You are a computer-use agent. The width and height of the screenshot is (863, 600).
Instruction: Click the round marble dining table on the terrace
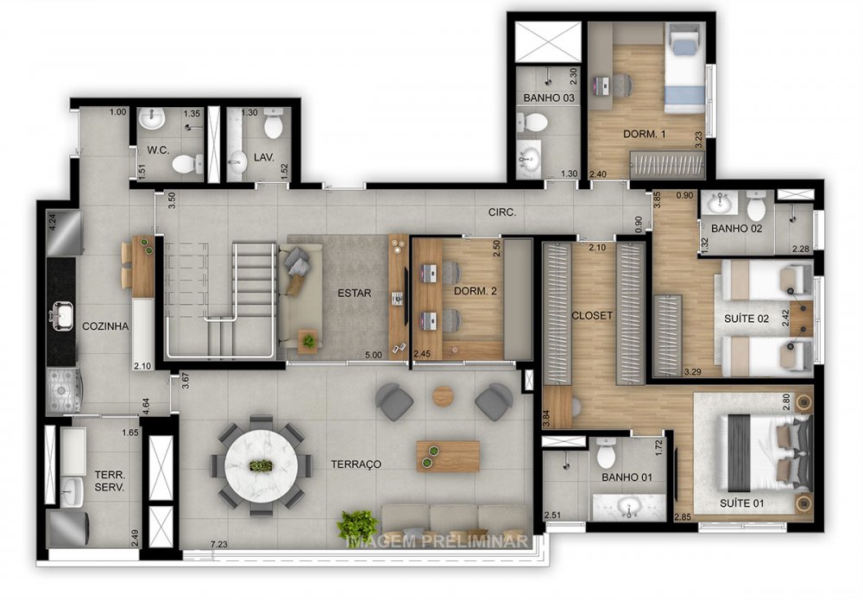[x=261, y=466]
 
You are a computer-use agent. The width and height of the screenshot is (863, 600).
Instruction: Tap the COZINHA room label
[x=105, y=326]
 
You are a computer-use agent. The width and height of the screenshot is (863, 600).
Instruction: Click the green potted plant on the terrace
[x=357, y=525]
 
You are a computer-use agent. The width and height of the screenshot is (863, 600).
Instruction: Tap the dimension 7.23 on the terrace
[x=218, y=544]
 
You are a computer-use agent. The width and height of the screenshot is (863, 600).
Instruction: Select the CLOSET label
[x=592, y=316]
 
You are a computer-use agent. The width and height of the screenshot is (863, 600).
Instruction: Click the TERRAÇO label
[x=356, y=464]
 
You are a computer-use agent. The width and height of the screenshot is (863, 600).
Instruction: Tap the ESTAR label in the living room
[x=354, y=294]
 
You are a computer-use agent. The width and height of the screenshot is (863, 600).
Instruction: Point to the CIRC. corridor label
[x=501, y=212]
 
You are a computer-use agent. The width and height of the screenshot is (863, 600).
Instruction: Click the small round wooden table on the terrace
[x=443, y=396]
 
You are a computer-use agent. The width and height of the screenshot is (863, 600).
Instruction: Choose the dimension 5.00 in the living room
[x=372, y=354]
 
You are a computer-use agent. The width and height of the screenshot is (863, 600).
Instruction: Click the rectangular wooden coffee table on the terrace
[x=448, y=456]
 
